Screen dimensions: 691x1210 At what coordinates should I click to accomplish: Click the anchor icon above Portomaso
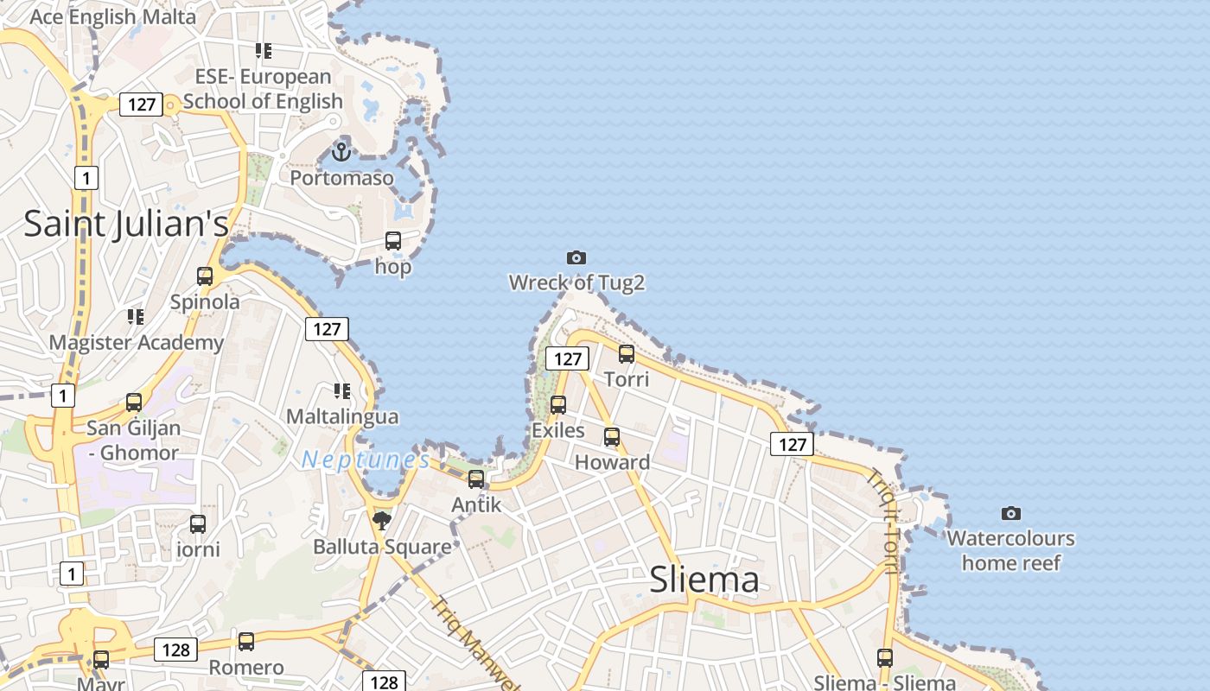(x=341, y=151)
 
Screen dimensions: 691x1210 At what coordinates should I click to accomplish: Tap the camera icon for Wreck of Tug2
(x=576, y=257)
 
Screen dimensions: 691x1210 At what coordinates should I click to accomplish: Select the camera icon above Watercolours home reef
(x=1011, y=513)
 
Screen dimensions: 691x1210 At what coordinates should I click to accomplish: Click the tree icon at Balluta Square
(x=381, y=520)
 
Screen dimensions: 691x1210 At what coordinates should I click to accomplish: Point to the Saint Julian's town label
(x=126, y=224)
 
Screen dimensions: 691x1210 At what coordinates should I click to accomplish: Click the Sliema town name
(x=704, y=580)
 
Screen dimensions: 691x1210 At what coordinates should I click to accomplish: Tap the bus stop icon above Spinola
(x=205, y=276)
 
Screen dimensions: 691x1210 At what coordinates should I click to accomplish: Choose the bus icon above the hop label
(x=393, y=241)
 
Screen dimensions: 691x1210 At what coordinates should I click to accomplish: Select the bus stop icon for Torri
(x=627, y=353)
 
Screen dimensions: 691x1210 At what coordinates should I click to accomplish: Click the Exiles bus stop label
(x=558, y=430)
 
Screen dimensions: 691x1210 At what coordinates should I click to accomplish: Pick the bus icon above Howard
(x=612, y=437)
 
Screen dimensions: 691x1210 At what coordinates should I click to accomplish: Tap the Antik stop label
(x=476, y=504)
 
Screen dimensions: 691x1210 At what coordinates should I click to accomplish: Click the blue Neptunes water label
(x=366, y=460)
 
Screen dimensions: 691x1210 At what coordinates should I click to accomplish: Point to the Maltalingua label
(x=342, y=416)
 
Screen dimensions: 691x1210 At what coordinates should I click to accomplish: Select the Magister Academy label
(x=137, y=342)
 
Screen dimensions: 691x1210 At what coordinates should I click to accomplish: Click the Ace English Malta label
(x=113, y=16)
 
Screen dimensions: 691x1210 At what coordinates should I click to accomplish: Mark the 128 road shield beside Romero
(x=176, y=650)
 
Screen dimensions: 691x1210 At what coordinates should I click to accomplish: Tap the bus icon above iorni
(x=198, y=524)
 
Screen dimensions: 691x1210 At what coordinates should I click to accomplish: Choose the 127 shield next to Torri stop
(x=567, y=358)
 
